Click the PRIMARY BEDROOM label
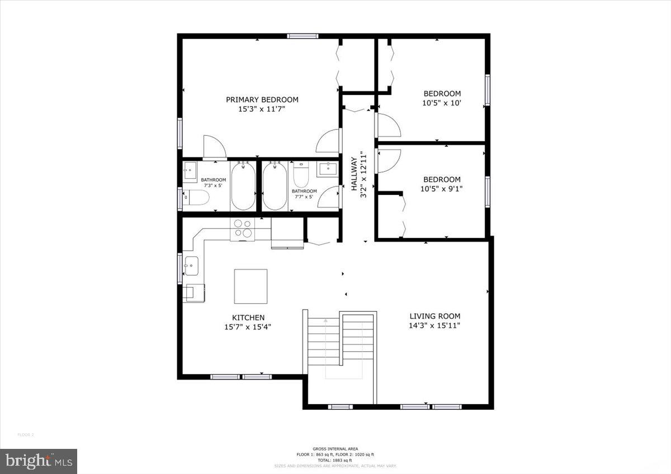262,99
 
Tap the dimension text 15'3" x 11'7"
262,109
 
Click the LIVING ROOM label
434,315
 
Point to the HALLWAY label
354,174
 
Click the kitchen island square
250,286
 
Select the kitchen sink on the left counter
191,266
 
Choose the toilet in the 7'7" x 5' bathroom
301,175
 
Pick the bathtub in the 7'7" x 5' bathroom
274,185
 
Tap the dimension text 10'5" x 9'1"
442,189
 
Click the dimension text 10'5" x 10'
442,103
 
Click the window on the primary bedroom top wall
303,36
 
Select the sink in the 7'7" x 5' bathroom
327,169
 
